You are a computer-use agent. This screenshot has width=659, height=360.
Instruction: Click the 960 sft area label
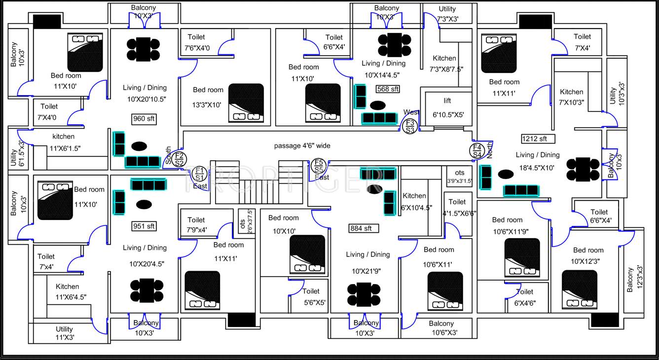[x=144, y=119]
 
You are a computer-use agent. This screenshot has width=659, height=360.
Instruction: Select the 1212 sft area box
[x=538, y=139]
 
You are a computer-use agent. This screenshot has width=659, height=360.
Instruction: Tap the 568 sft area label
[x=388, y=89]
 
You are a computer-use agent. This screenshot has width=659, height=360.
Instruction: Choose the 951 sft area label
[x=144, y=226]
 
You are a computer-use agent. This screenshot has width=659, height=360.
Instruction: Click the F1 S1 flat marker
[x=199, y=174]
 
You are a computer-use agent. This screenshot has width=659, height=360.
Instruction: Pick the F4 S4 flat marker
[x=477, y=151]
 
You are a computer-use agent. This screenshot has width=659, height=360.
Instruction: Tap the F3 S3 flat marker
[x=410, y=126]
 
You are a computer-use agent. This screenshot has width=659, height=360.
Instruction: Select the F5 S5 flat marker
[x=318, y=166]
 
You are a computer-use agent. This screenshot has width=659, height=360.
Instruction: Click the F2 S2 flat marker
[x=180, y=159]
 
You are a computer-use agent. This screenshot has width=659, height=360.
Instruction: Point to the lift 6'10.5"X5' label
[x=447, y=108]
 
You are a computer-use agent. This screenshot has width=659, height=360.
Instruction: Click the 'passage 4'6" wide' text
[x=302, y=146]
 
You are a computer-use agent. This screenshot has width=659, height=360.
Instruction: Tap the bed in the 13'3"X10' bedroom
[x=246, y=103]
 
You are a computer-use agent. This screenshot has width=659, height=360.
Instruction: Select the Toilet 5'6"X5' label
[x=311, y=297]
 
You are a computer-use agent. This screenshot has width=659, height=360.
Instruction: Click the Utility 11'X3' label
[x=64, y=333]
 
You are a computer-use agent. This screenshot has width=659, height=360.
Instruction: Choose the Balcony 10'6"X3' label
[x=441, y=328]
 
